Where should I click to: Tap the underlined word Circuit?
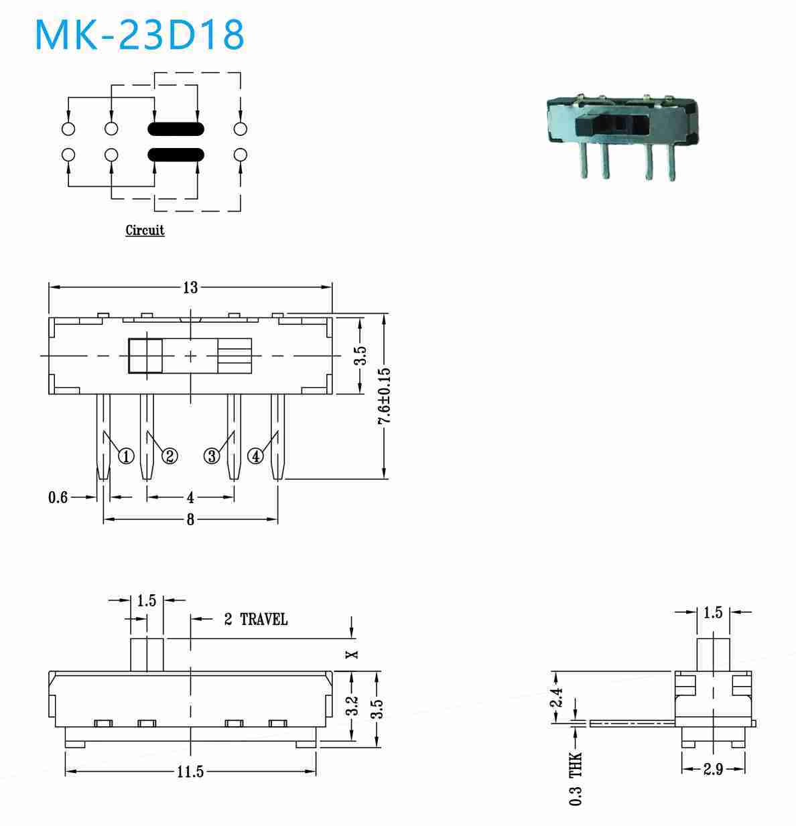click(x=145, y=230)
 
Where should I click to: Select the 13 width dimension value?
click(x=190, y=288)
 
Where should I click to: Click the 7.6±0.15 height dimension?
click(x=384, y=396)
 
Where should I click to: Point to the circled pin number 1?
click(x=126, y=456)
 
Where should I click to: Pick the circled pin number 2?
click(x=170, y=456)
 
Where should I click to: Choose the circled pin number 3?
click(x=212, y=456)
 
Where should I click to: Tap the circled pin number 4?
click(x=255, y=456)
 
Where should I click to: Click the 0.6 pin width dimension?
click(x=58, y=498)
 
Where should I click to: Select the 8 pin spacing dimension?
click(x=190, y=519)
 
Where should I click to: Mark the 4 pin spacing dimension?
click(x=190, y=498)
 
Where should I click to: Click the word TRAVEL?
click(x=264, y=619)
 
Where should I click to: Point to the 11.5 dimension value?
click(x=190, y=771)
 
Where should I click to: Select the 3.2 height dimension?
click(x=352, y=706)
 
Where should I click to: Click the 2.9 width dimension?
click(x=713, y=768)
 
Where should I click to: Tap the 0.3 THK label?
click(x=576, y=779)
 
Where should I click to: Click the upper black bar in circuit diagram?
click(x=176, y=129)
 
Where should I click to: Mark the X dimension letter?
click(x=352, y=655)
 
